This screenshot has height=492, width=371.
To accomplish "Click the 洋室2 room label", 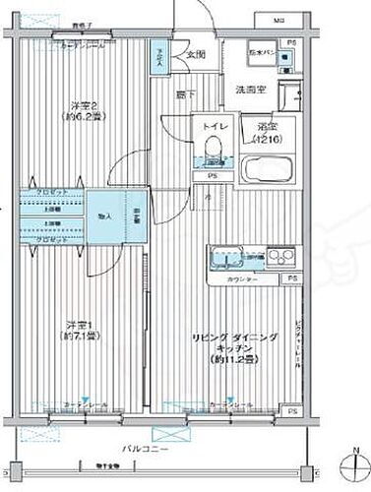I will (x=81, y=111).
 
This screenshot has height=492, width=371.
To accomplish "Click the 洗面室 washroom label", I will (x=251, y=89).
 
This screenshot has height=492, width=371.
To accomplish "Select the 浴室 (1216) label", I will (x=265, y=133).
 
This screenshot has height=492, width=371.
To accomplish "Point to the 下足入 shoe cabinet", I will (x=157, y=58).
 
